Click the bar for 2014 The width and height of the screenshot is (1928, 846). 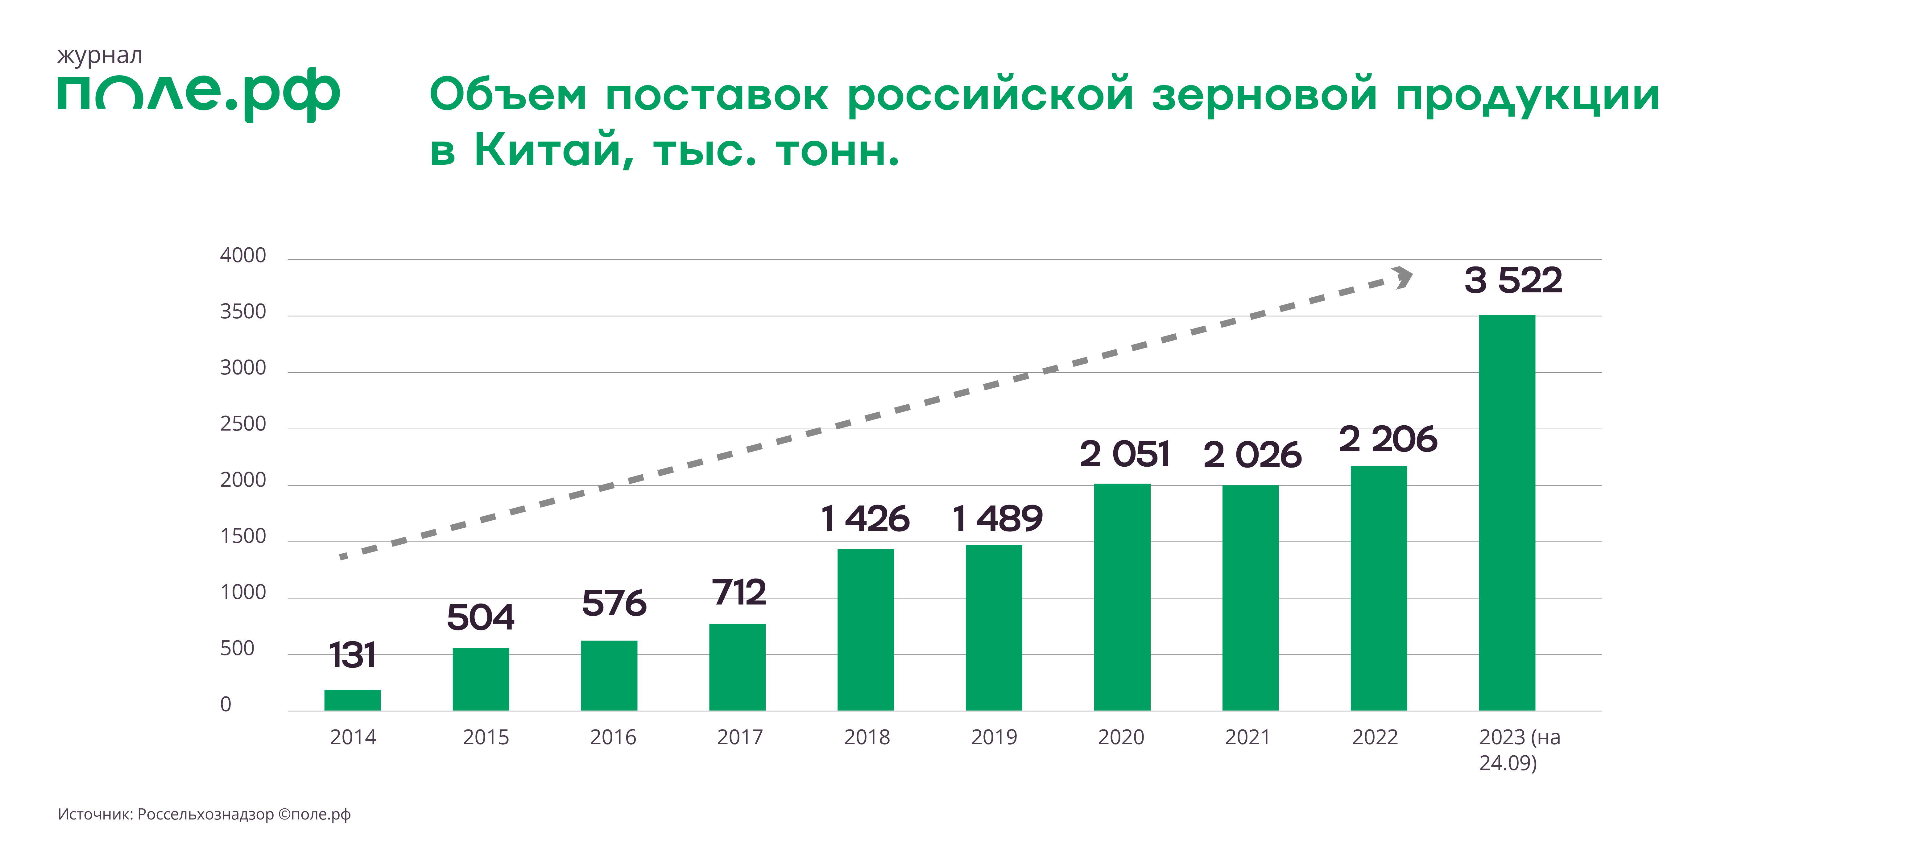pos(353,700)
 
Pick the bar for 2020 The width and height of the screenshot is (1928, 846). pos(1122,597)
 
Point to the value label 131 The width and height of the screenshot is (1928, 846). pos(353,655)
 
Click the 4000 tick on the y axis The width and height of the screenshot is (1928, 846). pos(242,256)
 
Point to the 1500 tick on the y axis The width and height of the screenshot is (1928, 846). pos(242,536)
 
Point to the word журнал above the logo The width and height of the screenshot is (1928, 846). pos(100,56)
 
